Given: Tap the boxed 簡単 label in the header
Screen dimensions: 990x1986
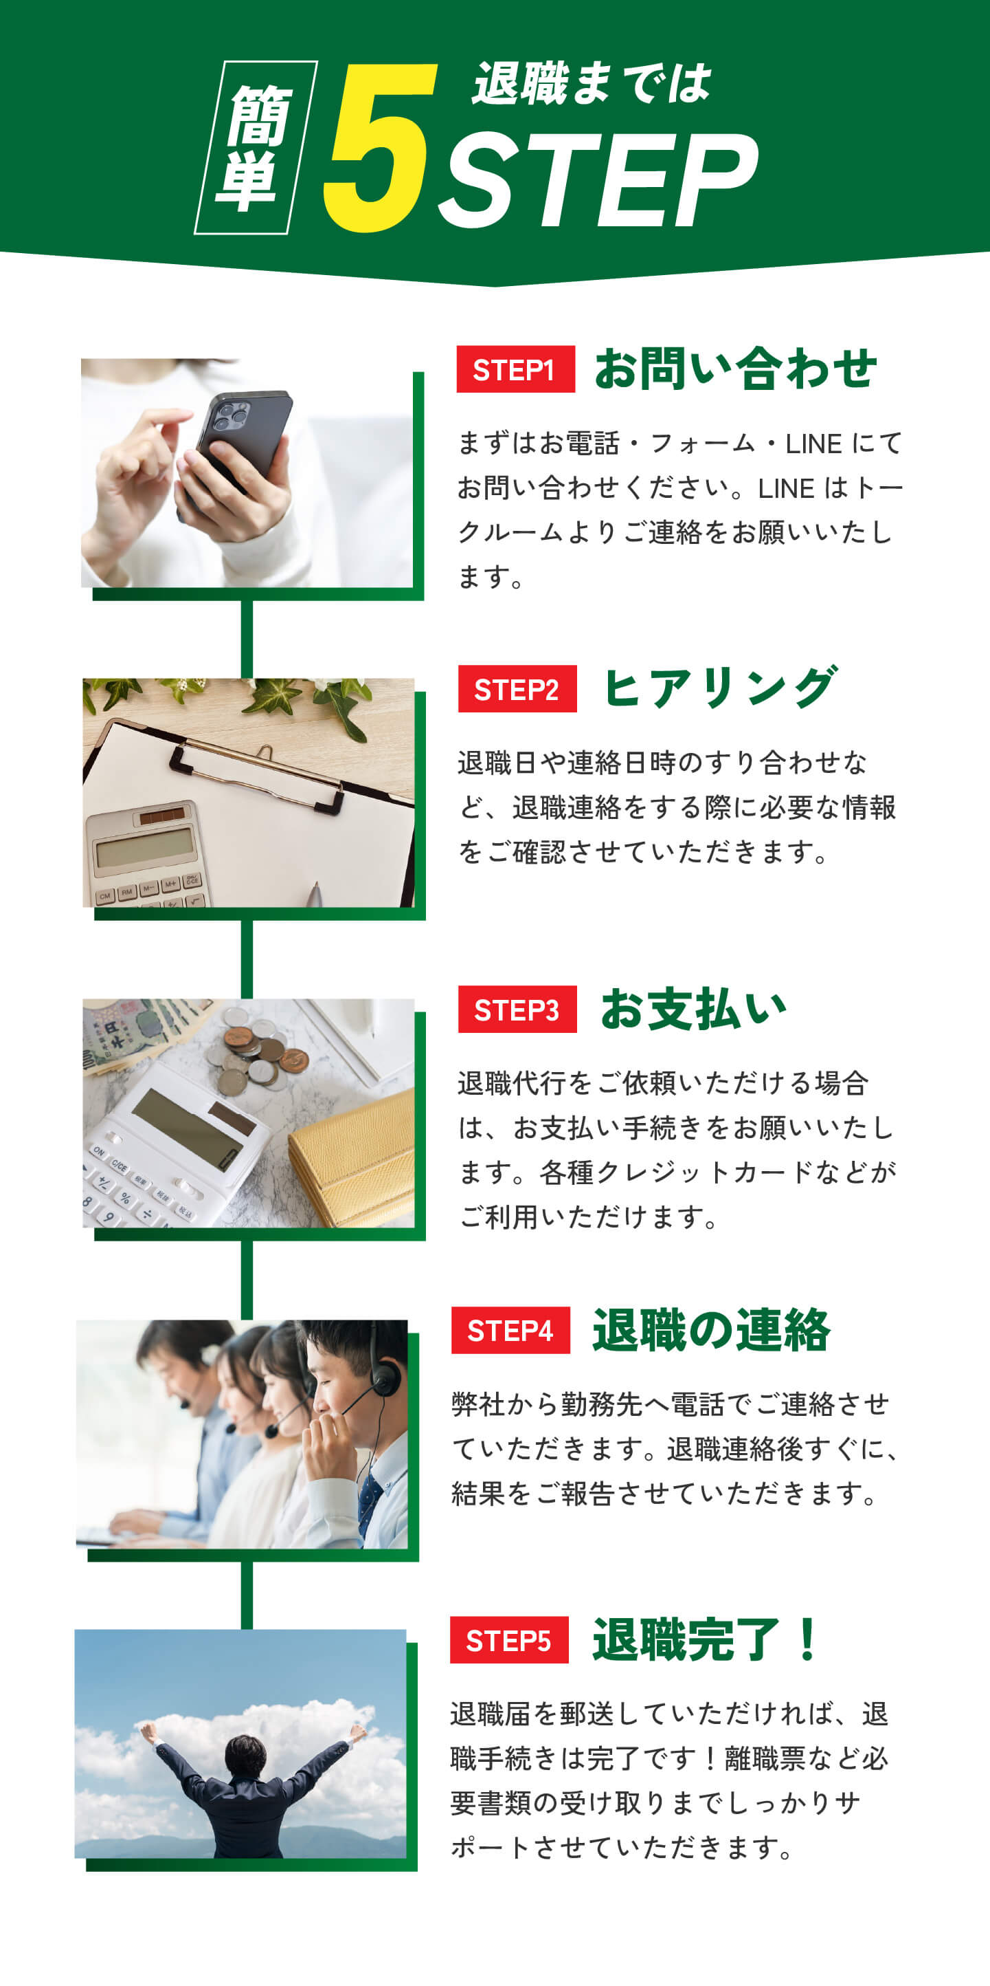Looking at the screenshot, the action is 255,146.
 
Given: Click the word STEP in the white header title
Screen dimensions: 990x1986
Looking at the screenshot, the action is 598,179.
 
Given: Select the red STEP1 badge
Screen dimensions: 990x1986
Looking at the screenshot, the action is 515,369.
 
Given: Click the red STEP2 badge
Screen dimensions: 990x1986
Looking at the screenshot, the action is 517,688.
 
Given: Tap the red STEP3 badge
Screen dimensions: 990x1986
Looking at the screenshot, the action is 517,1010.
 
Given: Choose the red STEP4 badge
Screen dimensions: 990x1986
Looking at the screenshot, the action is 510,1330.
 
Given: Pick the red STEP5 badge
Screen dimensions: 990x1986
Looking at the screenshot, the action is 509,1640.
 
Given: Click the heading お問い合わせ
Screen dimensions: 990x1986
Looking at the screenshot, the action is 736,369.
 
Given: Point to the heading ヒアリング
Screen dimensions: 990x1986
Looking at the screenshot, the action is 721,688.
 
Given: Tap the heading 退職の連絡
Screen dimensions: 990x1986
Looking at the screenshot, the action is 711,1330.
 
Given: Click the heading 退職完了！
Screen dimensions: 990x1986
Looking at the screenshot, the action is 707,1640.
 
